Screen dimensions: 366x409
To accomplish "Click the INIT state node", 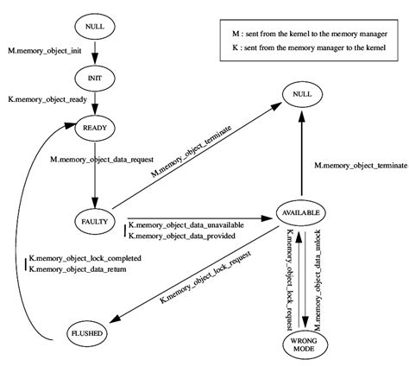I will click(95, 77).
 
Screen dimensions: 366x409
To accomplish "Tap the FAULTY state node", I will click(95, 220).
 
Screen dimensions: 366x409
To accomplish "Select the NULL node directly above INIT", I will click(95, 27).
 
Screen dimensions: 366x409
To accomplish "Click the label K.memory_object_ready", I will click(48, 101).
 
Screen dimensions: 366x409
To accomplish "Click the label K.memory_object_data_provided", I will click(180, 235).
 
